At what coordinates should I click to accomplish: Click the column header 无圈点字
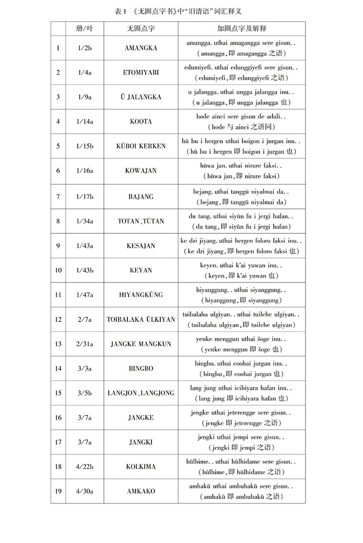pos(141,28)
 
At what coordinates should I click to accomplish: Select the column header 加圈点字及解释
pos(242,28)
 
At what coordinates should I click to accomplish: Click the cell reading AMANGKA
pos(141,48)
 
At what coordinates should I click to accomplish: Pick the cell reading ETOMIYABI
pos(141,73)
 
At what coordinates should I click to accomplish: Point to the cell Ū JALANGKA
pos(141,97)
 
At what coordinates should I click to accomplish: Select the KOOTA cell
pos(141,122)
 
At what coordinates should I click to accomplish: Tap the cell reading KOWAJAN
pos(141,171)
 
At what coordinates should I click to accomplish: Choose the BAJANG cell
pos(141,196)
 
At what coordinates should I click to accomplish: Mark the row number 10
pos(58,270)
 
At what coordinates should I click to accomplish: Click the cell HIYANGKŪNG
pos(141,295)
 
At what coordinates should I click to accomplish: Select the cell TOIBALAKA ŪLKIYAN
pos(141,319)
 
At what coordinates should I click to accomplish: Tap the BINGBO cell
pos(141,368)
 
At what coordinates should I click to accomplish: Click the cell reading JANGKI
pos(141,442)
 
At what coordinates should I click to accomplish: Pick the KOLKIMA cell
pos(141,467)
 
